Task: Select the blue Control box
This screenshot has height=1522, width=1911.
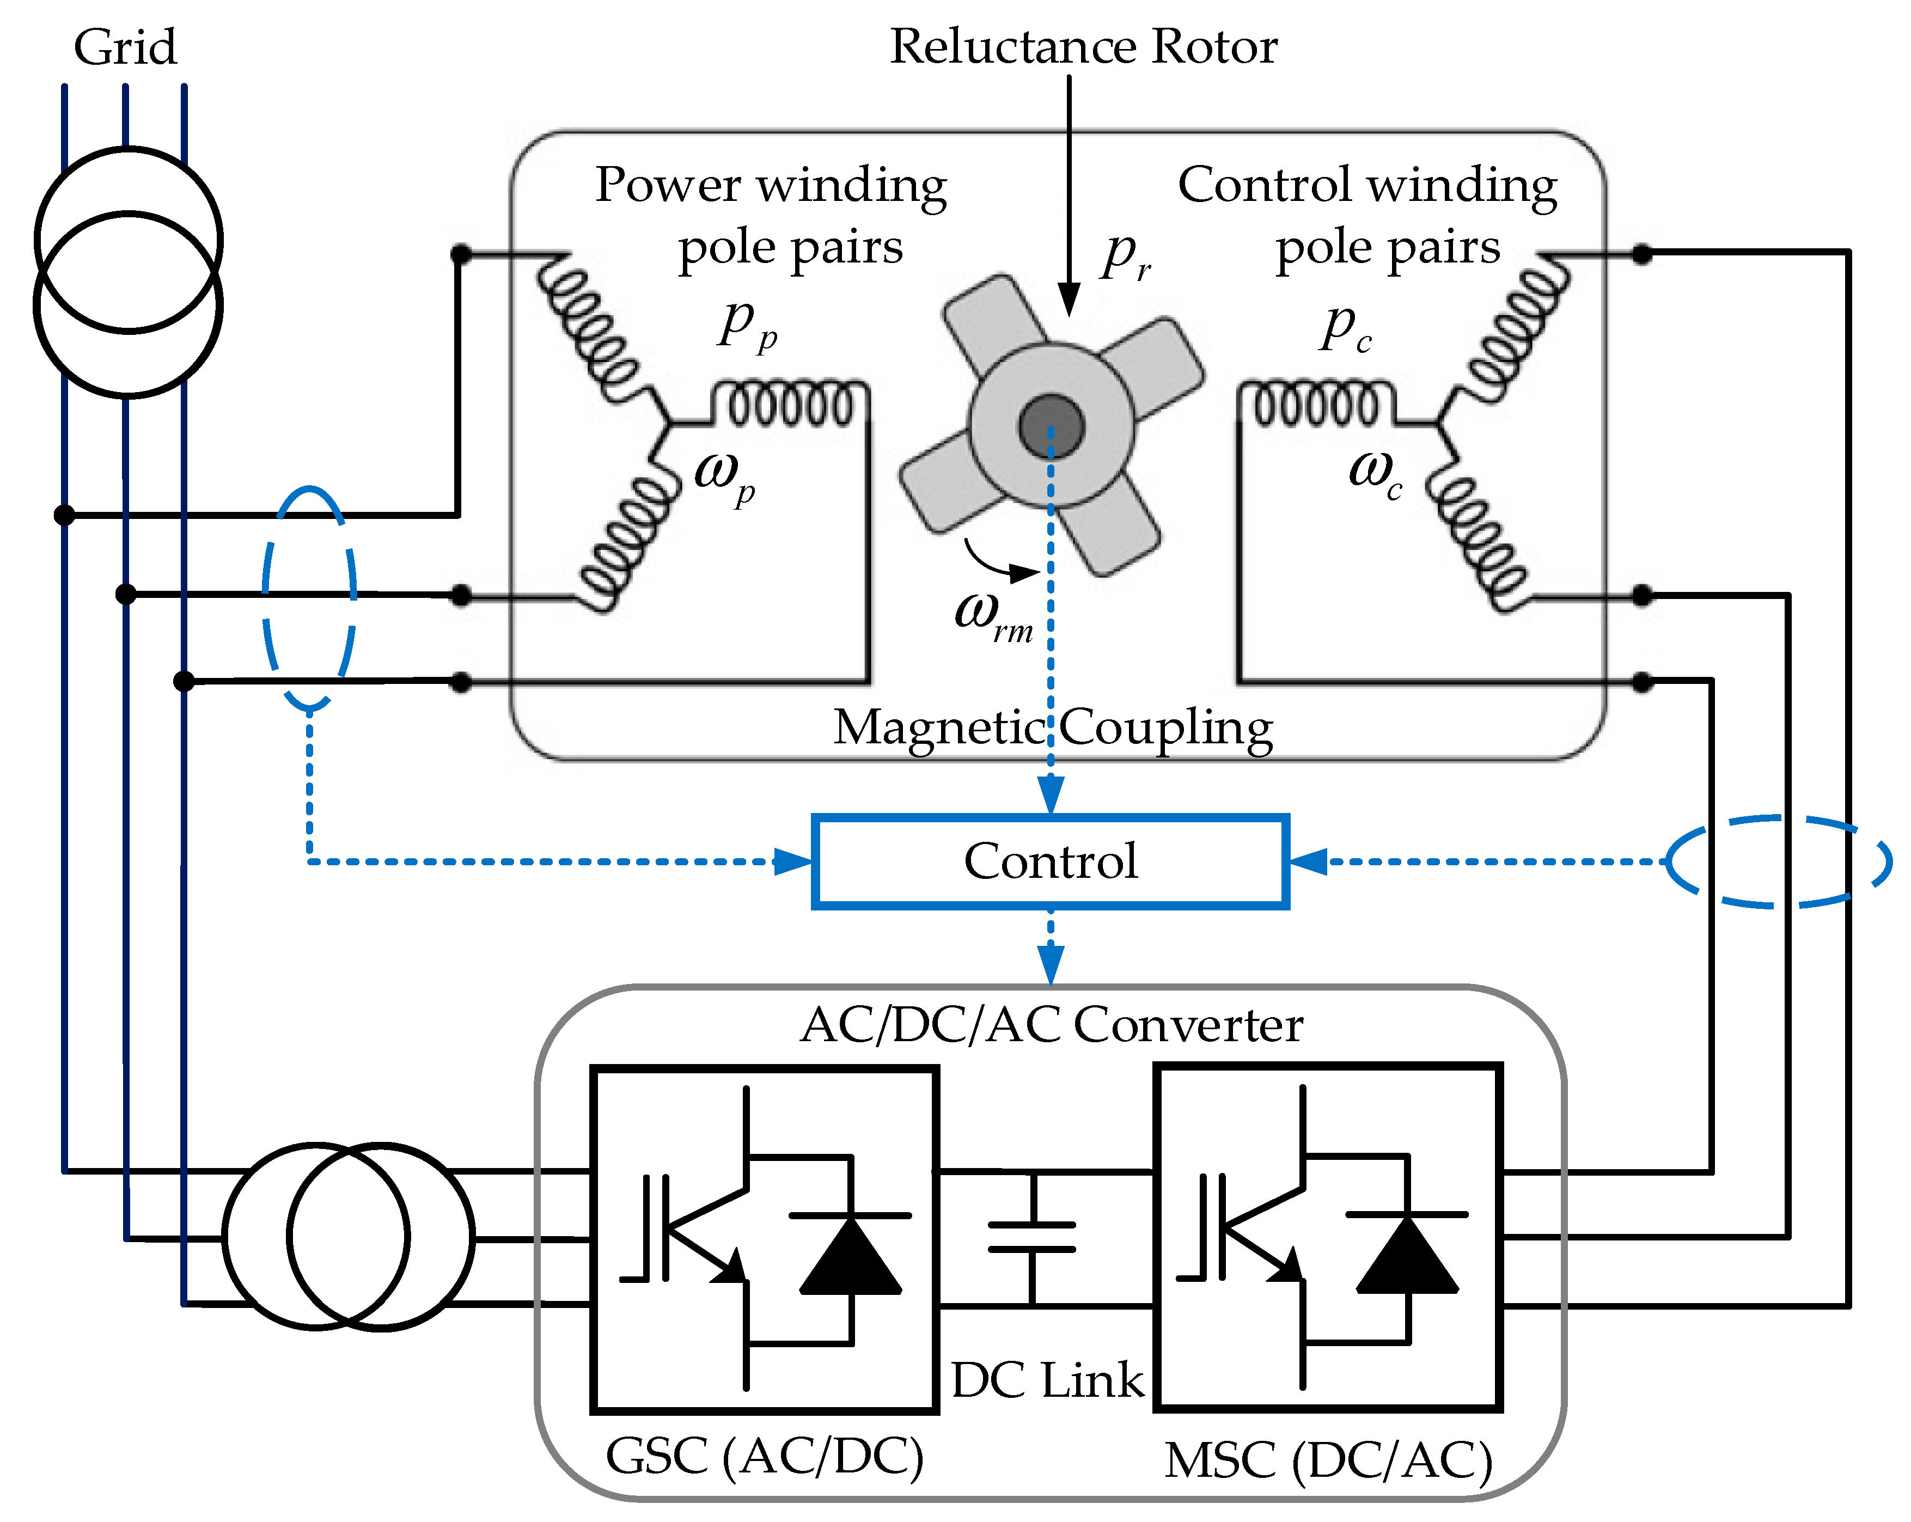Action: (x=1051, y=861)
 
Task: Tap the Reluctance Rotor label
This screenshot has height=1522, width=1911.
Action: (x=1083, y=46)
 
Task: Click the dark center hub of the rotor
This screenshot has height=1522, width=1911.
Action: (x=1051, y=425)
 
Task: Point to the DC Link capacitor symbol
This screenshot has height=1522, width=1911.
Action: (x=1031, y=1237)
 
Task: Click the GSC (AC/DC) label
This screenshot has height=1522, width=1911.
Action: (x=764, y=1456)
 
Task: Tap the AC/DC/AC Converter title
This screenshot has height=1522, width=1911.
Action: (x=1051, y=1025)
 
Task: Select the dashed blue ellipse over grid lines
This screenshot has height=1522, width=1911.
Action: (x=309, y=598)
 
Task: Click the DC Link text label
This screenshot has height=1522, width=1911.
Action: (x=1047, y=1380)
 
